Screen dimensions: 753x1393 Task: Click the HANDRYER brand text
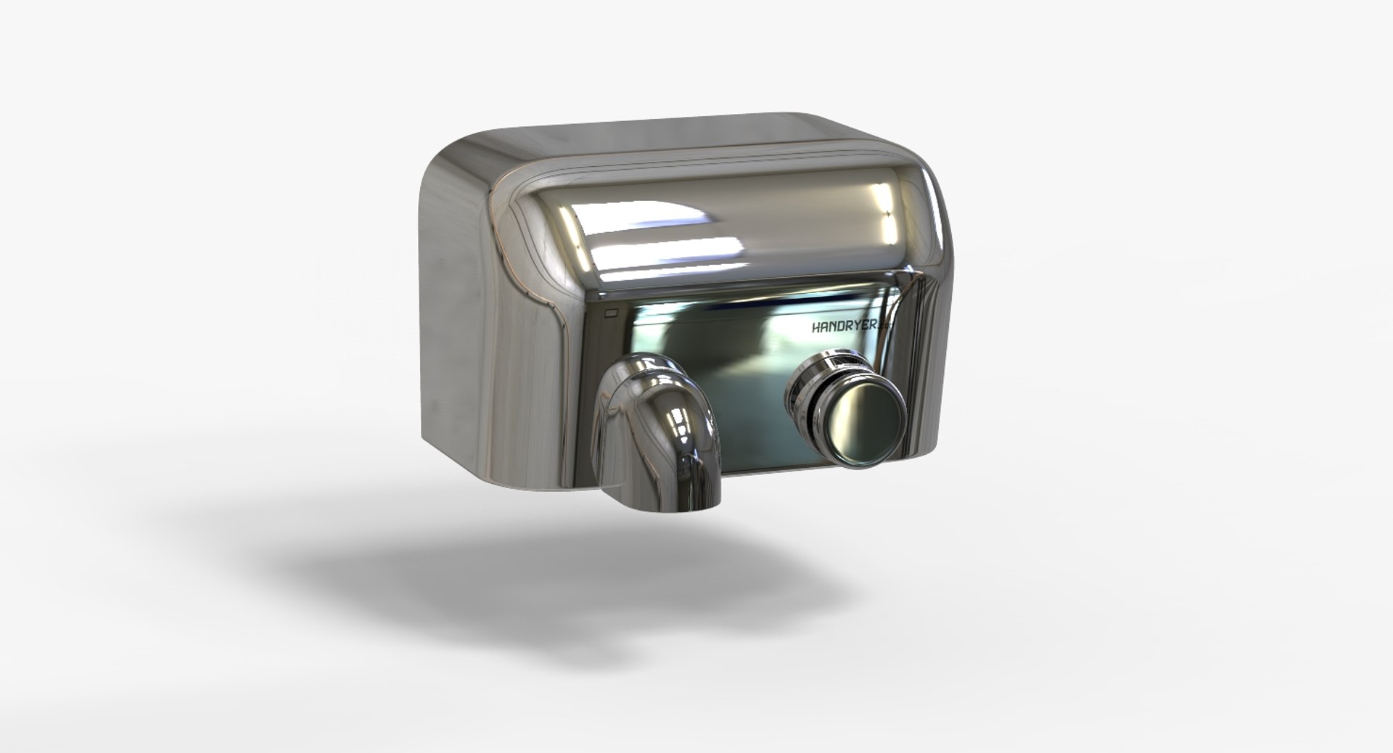[845, 327]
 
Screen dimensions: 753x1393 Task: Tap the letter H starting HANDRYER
[816, 328]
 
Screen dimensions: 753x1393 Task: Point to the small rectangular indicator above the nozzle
[609, 314]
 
